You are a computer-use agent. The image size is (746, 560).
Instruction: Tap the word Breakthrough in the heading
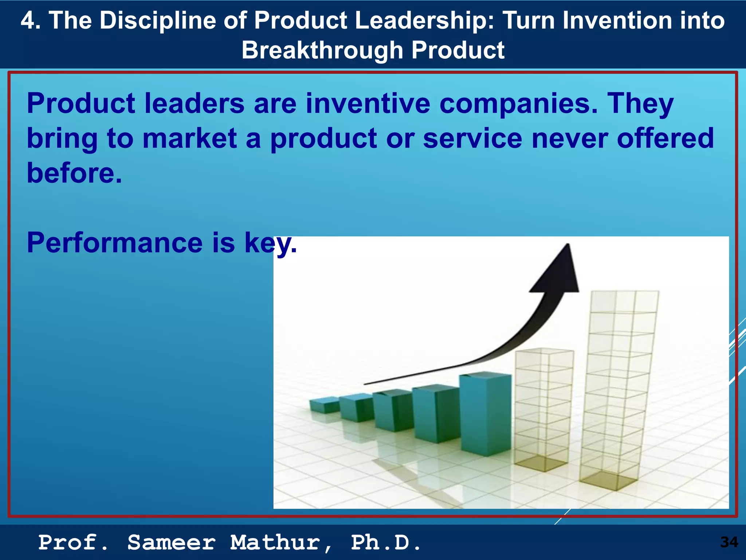[x=322, y=50]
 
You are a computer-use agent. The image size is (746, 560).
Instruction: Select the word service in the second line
[x=472, y=139]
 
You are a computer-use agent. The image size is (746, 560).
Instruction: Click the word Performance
[x=114, y=243]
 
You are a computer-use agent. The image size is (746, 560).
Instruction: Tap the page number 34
[x=729, y=542]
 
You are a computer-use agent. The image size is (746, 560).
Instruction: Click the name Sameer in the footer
[x=171, y=542]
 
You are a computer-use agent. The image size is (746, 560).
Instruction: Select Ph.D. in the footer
[x=386, y=542]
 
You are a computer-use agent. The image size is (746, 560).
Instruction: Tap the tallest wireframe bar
[x=619, y=390]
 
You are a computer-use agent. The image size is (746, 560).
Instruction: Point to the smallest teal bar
[x=324, y=405]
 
